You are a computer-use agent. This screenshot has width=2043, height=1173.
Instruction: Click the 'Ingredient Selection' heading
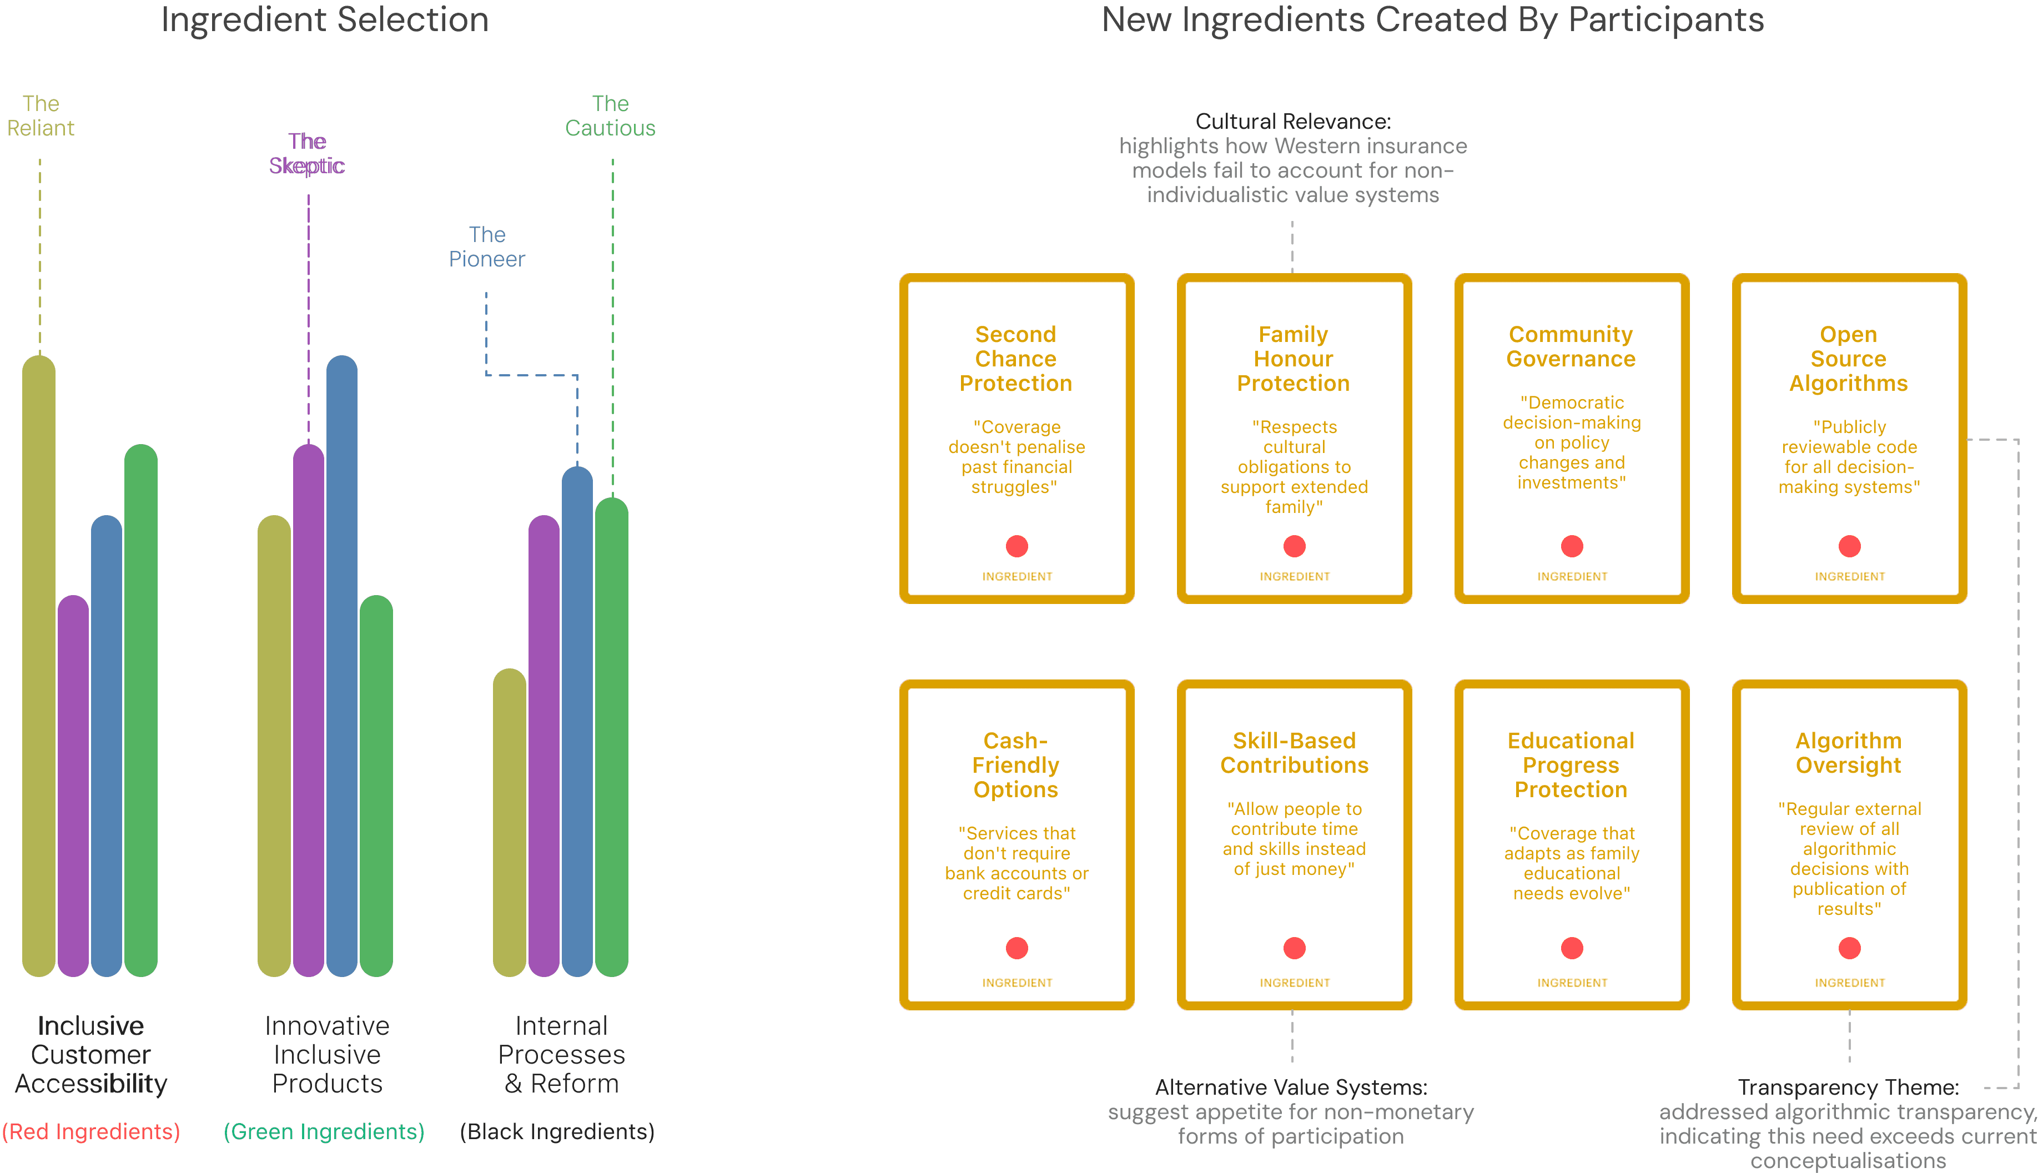click(325, 20)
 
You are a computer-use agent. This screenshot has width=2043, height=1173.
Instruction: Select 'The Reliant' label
click(41, 116)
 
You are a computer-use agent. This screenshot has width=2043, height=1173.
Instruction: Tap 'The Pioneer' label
click(486, 246)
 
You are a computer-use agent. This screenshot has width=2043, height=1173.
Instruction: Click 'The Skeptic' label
click(307, 153)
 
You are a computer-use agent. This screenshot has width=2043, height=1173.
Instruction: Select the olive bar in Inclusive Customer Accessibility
click(39, 666)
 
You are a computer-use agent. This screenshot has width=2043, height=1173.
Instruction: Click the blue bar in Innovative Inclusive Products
click(341, 666)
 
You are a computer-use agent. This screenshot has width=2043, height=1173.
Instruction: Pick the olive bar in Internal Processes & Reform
click(509, 823)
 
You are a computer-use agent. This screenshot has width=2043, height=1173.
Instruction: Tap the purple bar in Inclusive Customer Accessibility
click(73, 786)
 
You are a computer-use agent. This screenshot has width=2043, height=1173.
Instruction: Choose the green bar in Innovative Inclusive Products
click(376, 786)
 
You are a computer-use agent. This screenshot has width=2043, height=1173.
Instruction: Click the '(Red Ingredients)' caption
click(91, 1132)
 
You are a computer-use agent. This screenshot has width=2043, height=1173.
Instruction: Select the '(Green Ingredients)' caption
click(324, 1132)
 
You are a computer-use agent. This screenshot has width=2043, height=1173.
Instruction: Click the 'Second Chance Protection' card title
click(1016, 359)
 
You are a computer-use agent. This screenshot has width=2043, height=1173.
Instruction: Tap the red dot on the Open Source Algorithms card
click(1850, 546)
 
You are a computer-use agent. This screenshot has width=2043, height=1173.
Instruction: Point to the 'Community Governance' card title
click(1571, 346)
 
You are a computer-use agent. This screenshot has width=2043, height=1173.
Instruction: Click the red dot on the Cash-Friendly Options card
click(1017, 948)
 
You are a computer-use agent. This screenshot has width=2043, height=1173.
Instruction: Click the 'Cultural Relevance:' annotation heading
click(1293, 122)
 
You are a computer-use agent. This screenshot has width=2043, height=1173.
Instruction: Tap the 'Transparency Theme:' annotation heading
click(1848, 1088)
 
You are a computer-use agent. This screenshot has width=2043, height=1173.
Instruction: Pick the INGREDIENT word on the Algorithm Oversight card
click(1850, 983)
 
